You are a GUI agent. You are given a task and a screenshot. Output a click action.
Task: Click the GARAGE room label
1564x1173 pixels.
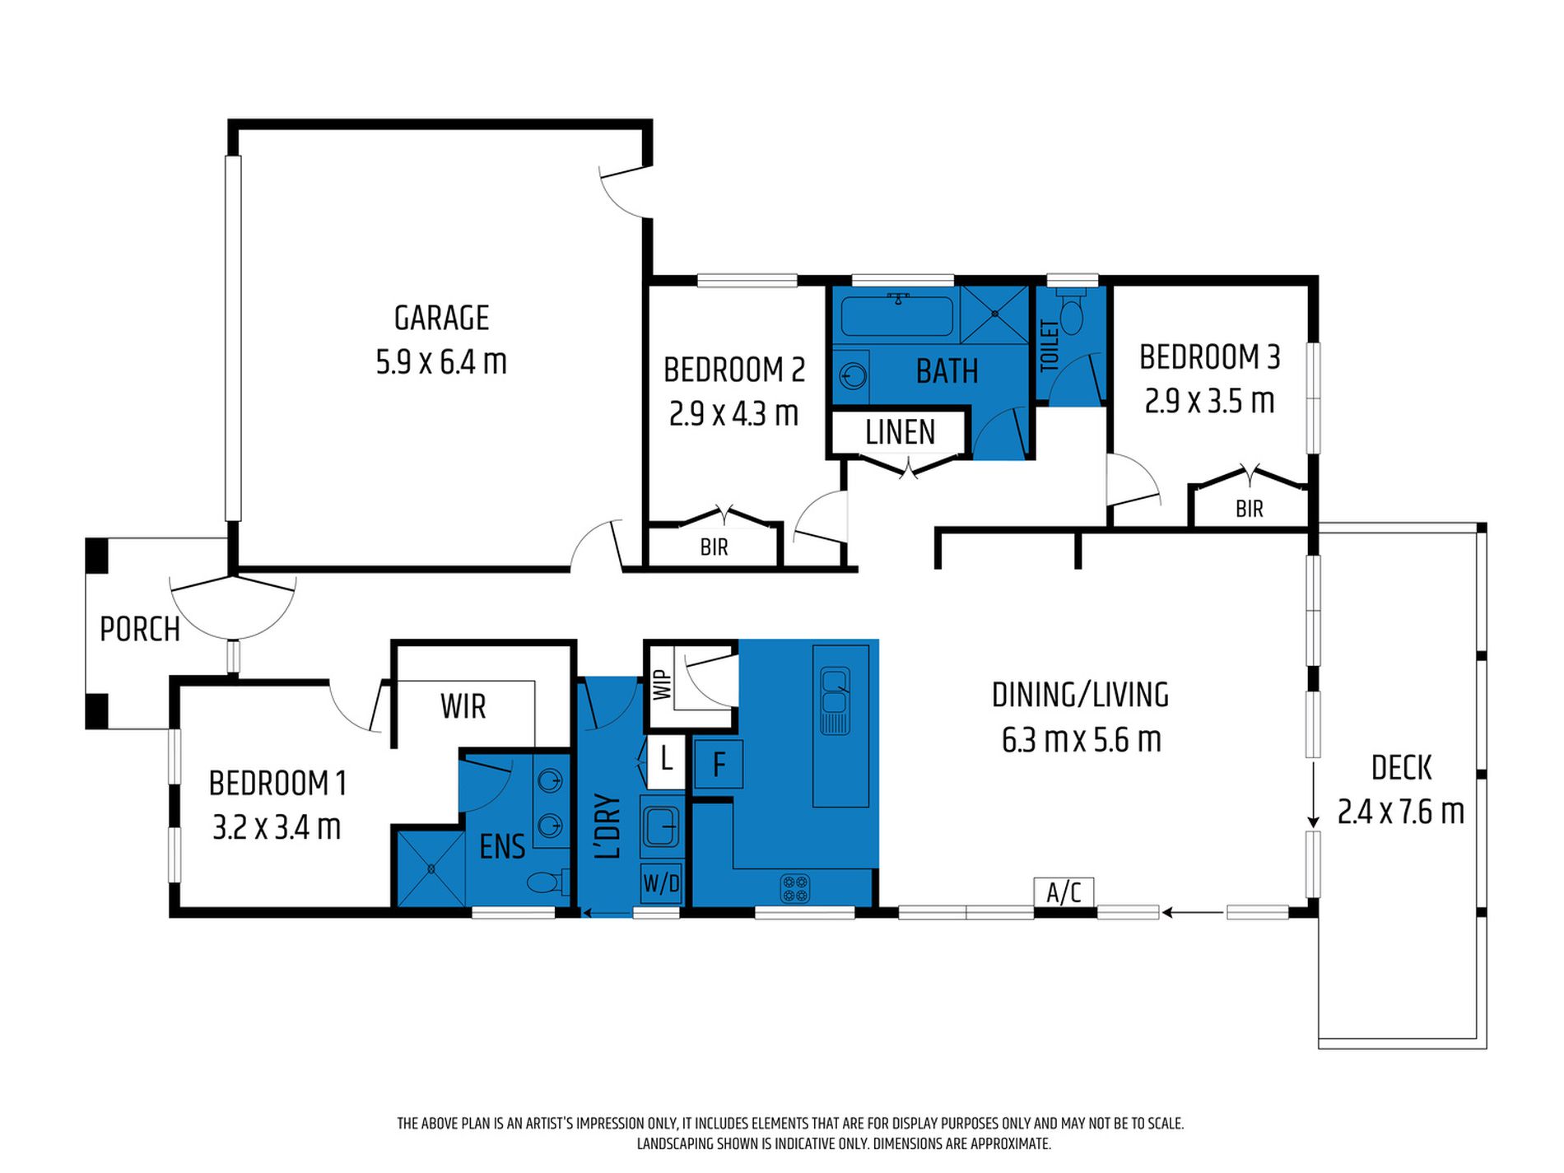pyautogui.click(x=441, y=318)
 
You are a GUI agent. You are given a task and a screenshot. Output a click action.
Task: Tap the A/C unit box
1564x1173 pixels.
pyautogui.click(x=1064, y=891)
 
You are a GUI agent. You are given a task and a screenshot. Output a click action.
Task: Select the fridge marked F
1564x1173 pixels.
pyautogui.click(x=719, y=764)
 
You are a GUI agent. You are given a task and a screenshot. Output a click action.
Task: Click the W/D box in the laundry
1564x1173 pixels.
pyautogui.click(x=661, y=883)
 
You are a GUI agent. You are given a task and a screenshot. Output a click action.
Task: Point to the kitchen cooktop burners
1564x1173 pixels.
pyautogui.click(x=795, y=888)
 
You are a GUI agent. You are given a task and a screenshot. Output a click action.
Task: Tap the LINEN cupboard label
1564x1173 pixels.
pyautogui.click(x=900, y=432)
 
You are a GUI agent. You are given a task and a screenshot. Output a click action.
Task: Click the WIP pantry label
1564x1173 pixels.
pyautogui.click(x=662, y=685)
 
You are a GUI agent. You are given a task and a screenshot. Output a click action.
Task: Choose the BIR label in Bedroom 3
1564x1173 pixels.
pyautogui.click(x=1249, y=509)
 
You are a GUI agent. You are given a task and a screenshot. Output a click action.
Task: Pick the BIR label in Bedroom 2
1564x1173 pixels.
pyautogui.click(x=714, y=547)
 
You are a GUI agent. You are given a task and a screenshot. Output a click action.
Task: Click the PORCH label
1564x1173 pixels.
pyautogui.click(x=140, y=630)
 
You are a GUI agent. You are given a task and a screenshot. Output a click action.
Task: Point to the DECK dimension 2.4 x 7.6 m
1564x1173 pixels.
pyautogui.click(x=1400, y=812)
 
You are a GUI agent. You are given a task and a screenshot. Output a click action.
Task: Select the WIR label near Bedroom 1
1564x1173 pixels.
pyautogui.click(x=463, y=706)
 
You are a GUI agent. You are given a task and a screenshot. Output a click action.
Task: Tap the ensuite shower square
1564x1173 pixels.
pyautogui.click(x=431, y=868)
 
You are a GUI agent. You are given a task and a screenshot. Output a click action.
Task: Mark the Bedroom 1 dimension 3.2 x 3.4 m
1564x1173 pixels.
pyautogui.click(x=277, y=827)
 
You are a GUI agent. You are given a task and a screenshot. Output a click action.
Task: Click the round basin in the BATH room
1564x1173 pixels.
pyautogui.click(x=853, y=376)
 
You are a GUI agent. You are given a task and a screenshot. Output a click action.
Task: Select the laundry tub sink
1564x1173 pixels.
pyautogui.click(x=661, y=826)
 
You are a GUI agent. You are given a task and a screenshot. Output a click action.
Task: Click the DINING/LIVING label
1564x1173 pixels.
pyautogui.click(x=1080, y=696)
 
